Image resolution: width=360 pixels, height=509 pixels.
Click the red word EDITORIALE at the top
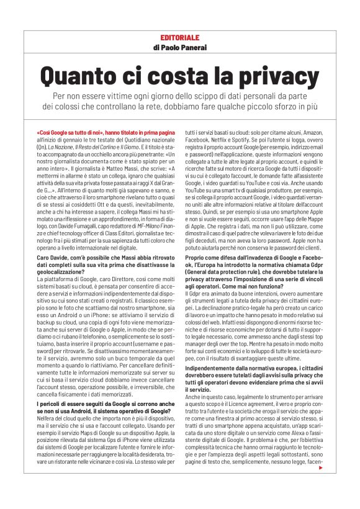click(180, 38)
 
